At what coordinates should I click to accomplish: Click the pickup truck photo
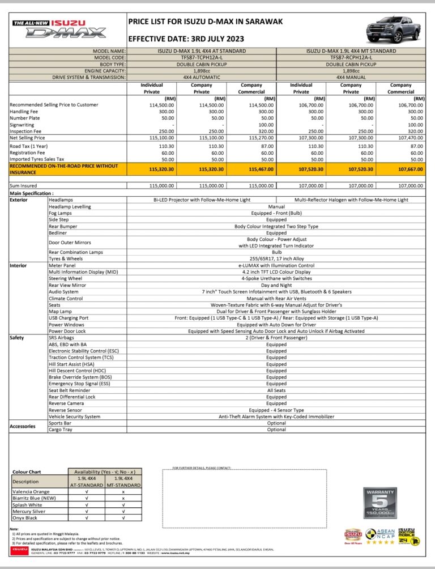tap(393, 31)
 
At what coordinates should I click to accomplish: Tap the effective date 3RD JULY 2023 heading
tap(186, 39)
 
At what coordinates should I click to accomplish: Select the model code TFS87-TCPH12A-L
tap(202, 57)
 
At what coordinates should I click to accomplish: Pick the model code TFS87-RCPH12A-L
tap(351, 57)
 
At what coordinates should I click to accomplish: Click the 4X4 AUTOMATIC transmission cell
tap(202, 77)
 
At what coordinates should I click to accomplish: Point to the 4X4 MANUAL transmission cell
tap(351, 77)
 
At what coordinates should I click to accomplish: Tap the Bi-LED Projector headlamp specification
tap(202, 200)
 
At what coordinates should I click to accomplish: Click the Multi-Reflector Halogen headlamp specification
tap(351, 200)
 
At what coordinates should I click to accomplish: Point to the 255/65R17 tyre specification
tap(276, 258)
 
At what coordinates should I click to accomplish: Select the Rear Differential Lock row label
tap(72, 397)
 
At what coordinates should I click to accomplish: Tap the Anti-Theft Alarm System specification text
tap(276, 417)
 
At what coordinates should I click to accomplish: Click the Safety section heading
tap(17, 337)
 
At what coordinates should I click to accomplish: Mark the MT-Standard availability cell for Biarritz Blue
tap(123, 498)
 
